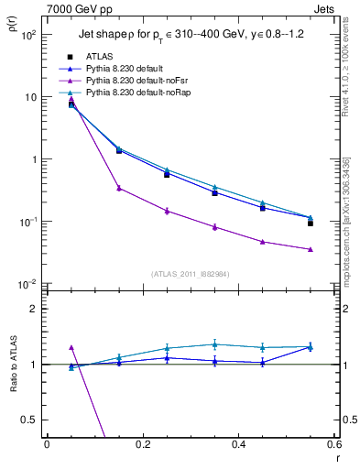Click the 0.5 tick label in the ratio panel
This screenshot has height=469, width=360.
tap(31, 420)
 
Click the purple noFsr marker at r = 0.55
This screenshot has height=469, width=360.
tap(311, 249)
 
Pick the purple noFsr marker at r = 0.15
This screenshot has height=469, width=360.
tap(119, 188)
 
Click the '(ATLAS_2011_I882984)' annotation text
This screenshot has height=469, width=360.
tap(190, 274)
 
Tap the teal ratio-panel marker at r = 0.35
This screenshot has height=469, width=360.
tap(214, 344)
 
